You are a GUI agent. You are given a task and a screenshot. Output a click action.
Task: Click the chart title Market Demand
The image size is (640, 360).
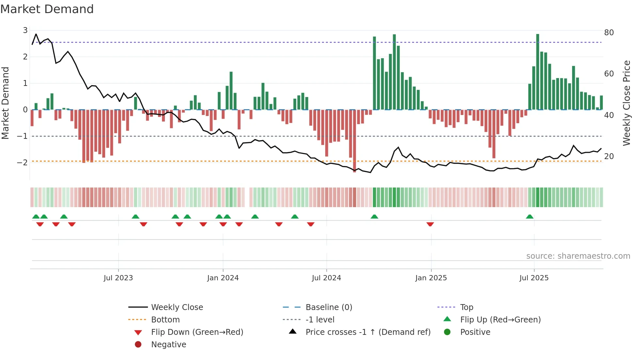[47, 9]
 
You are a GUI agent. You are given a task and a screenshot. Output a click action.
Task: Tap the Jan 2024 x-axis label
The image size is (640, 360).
[223, 278]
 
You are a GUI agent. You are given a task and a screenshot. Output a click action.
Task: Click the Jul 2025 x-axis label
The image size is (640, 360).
[534, 278]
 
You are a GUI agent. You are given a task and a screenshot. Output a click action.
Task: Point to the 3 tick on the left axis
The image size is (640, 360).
[25, 30]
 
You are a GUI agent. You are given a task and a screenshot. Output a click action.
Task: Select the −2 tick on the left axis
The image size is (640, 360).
[22, 162]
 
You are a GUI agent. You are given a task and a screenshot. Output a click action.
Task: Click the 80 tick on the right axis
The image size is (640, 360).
[609, 33]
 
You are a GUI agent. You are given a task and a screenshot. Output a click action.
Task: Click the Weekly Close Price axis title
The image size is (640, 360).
[626, 103]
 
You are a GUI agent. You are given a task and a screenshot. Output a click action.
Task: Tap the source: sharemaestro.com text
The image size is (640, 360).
[578, 256]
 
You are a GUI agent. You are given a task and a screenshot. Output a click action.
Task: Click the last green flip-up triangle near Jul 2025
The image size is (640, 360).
[530, 217]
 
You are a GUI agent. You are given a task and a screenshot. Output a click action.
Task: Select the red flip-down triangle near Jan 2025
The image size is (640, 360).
[430, 224]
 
